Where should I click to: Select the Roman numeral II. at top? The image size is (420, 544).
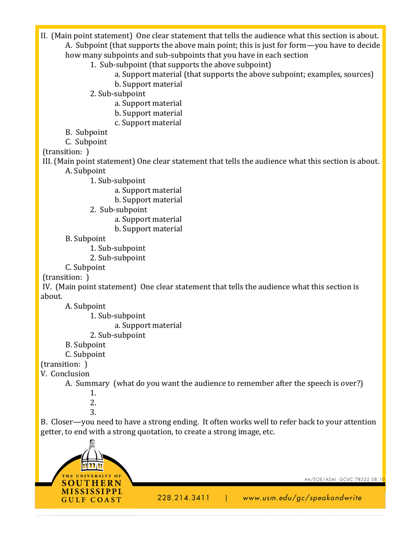pyautogui.click(x=44, y=35)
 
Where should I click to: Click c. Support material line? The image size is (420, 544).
pyautogui.click(x=148, y=123)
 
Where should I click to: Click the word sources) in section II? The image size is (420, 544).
pyautogui.click(x=360, y=74)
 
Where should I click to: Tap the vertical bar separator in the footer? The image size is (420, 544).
pyautogui.click(x=226, y=498)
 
